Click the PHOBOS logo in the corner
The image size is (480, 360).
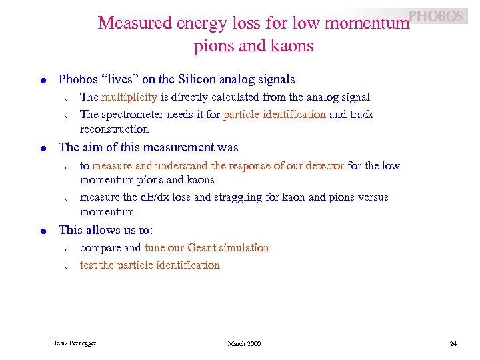[x=436, y=16]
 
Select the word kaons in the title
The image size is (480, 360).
[x=291, y=46]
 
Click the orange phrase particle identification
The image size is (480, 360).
[x=275, y=115]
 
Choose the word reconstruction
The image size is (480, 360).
[x=114, y=129]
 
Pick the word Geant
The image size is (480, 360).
[x=202, y=248]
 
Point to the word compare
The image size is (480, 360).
[x=101, y=248]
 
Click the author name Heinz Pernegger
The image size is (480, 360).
[x=74, y=343]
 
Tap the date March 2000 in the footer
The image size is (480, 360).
[x=244, y=343]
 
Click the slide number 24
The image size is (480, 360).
[x=453, y=343]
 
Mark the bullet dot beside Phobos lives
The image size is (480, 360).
[x=43, y=80]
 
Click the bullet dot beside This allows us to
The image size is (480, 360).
[x=43, y=231]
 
